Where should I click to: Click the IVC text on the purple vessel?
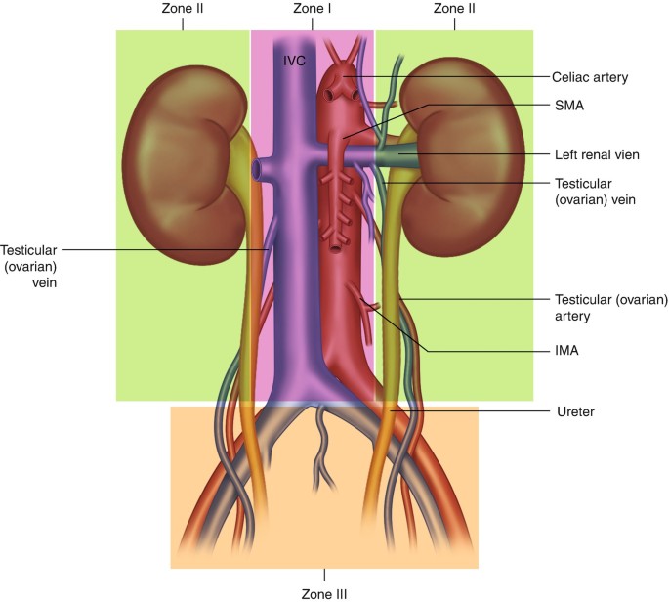[295, 61]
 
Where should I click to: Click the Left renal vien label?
[599, 154]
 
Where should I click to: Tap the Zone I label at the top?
[313, 9]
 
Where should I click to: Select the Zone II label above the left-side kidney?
[182, 9]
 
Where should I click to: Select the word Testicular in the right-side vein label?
[585, 182]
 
